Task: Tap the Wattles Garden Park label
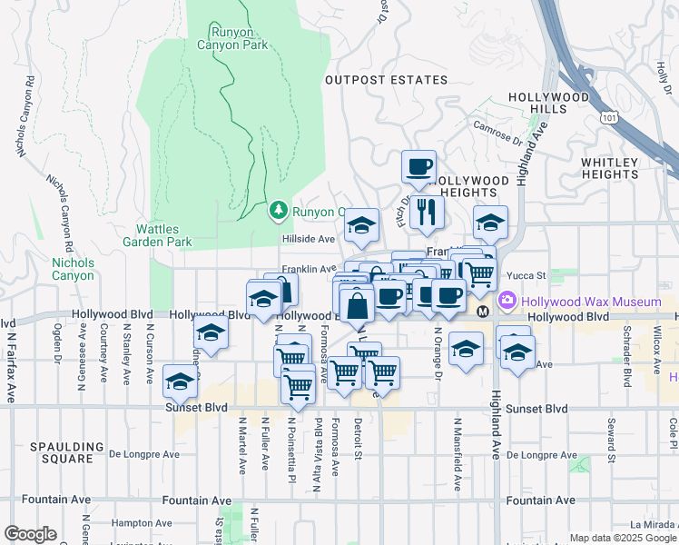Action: coord(164,235)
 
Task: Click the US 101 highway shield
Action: coord(609,117)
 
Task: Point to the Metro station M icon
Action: coord(483,311)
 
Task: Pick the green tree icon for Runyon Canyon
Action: coord(279,212)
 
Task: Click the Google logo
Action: coord(30,534)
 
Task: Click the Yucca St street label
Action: coord(526,275)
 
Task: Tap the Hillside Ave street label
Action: coord(308,238)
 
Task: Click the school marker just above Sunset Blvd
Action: coord(180,381)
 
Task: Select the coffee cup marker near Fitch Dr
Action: coord(418,166)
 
